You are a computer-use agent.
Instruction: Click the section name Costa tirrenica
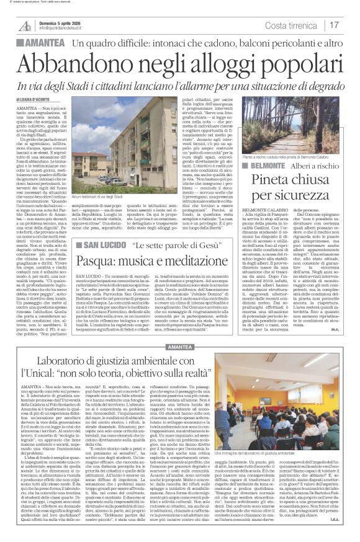coord(292,25)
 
